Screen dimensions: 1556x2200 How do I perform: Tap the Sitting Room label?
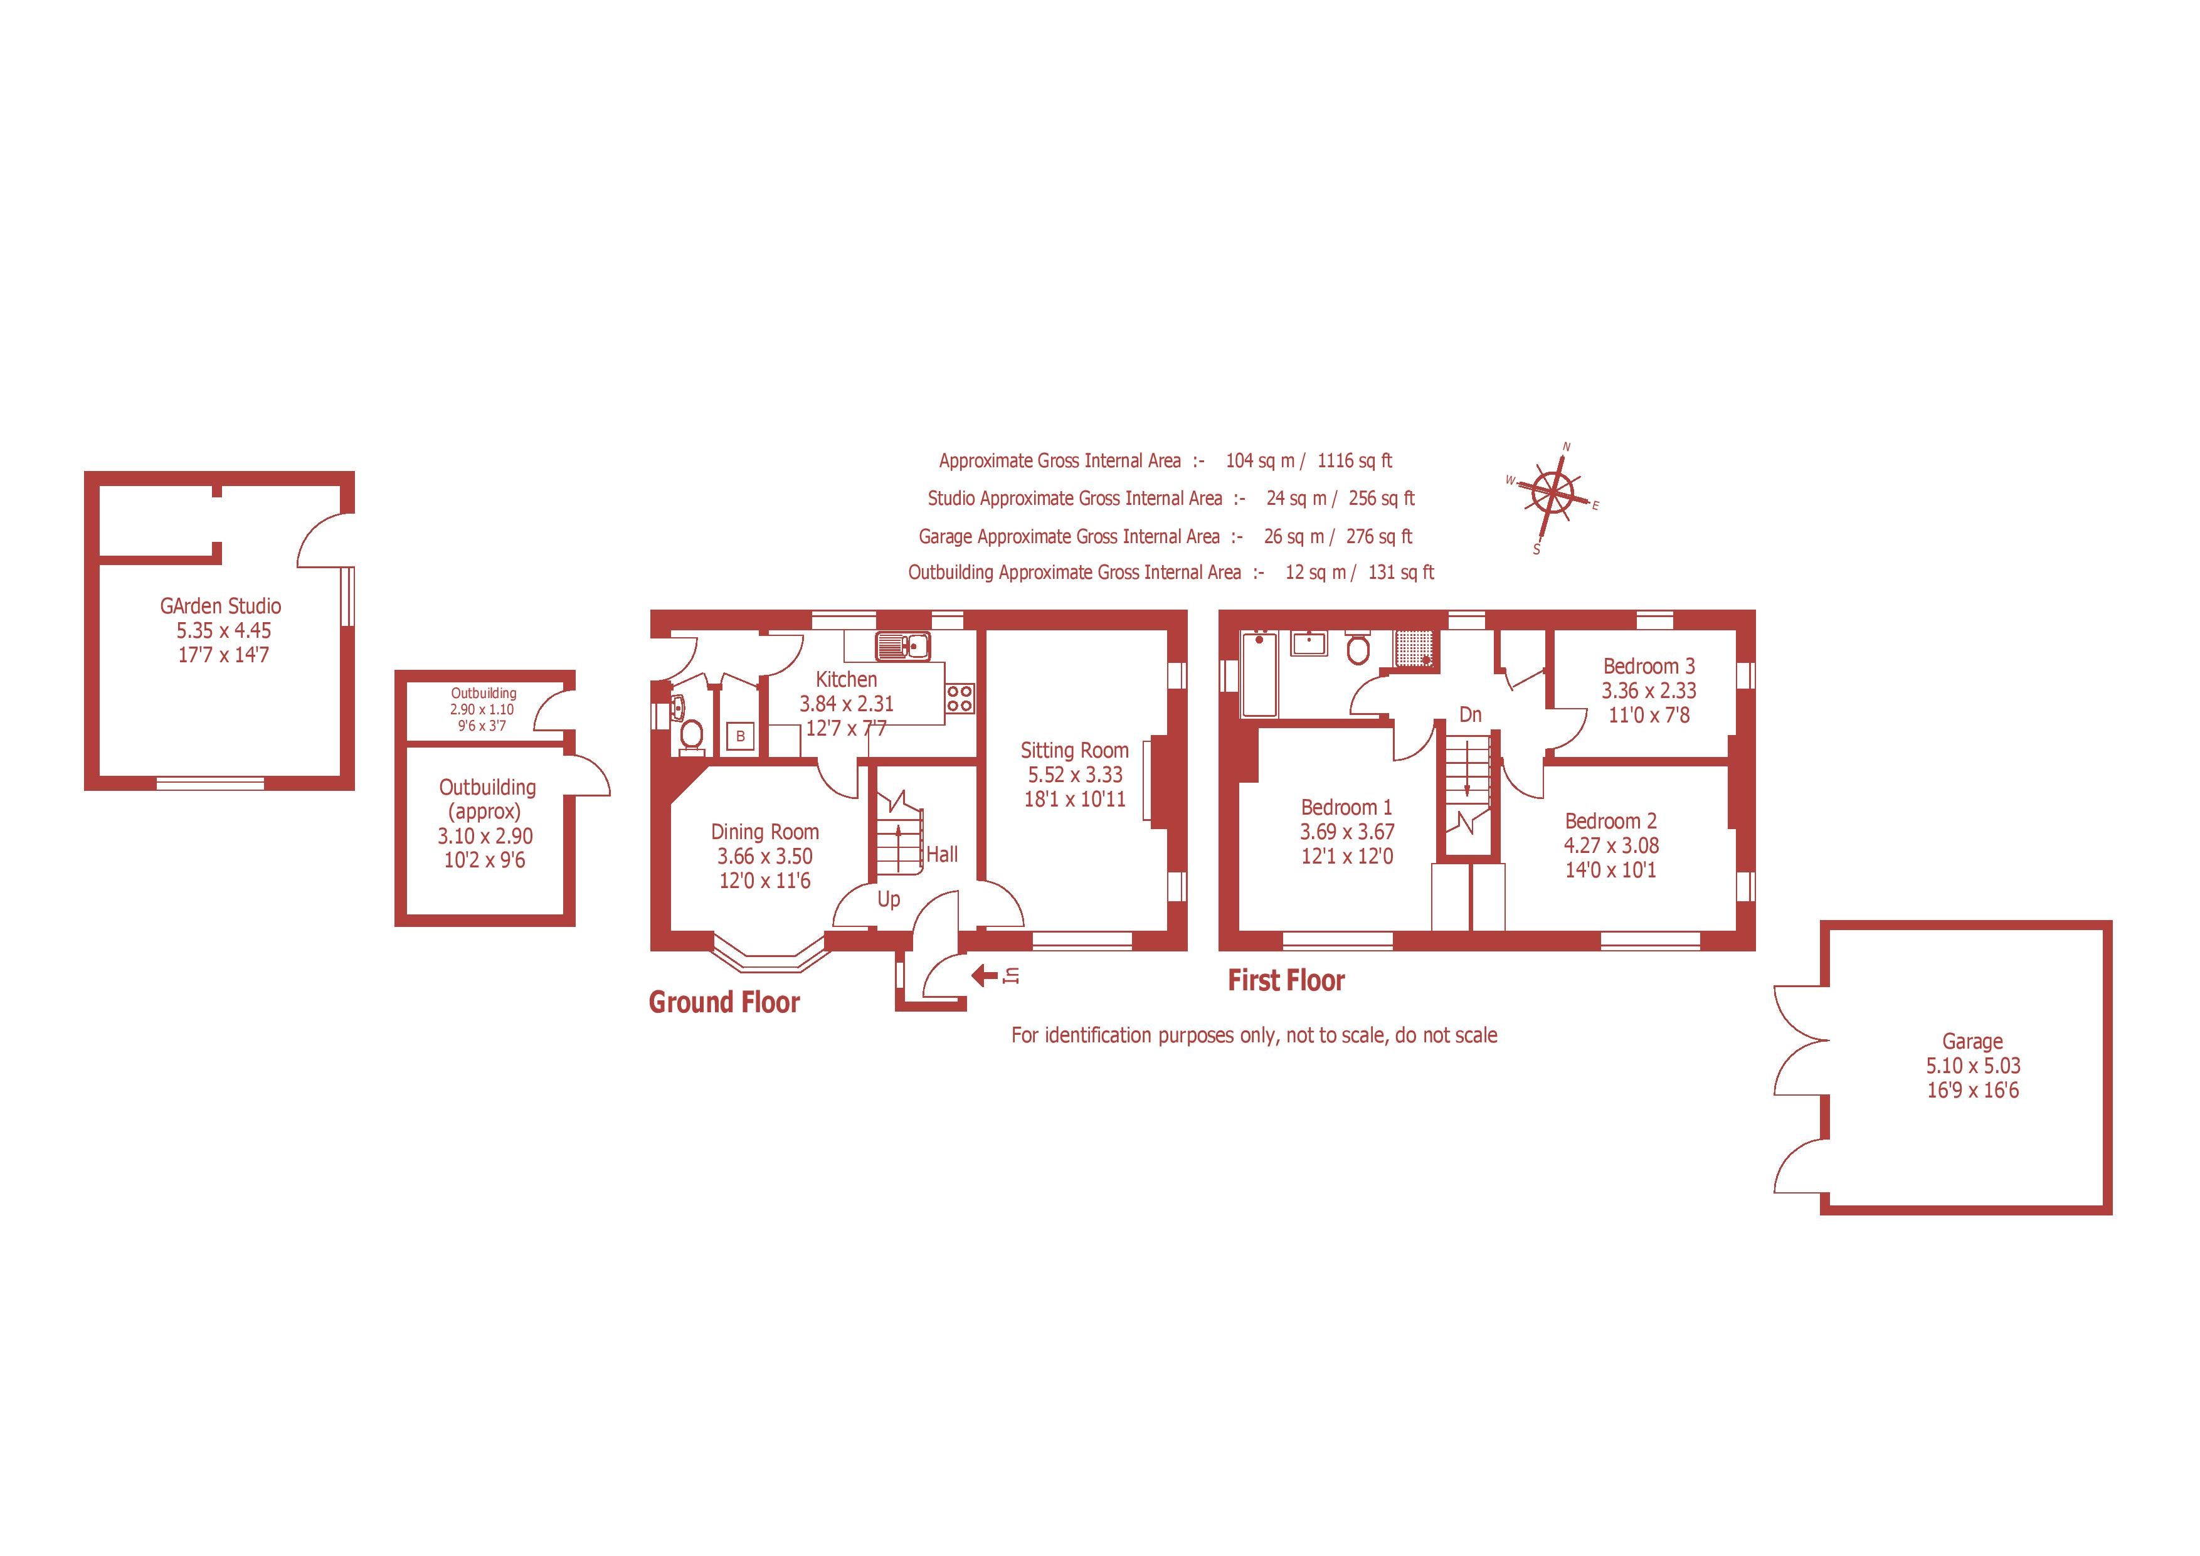point(1074,750)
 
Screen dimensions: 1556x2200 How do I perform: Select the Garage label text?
point(1972,1040)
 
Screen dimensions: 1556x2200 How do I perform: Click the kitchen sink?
point(902,646)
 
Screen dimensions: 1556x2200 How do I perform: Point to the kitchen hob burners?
point(960,697)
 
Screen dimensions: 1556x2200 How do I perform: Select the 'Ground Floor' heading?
point(724,1002)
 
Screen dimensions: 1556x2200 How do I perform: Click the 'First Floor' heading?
point(1286,980)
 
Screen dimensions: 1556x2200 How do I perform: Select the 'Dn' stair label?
point(1470,715)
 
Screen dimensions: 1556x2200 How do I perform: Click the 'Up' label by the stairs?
point(888,900)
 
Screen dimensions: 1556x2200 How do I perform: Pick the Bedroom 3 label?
point(1649,666)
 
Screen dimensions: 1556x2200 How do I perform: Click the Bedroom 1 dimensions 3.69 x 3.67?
point(1346,832)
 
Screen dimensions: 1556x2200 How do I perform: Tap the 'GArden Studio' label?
point(220,606)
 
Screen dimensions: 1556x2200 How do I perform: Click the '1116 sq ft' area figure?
point(1354,461)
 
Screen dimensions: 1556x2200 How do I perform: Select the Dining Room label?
point(764,832)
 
